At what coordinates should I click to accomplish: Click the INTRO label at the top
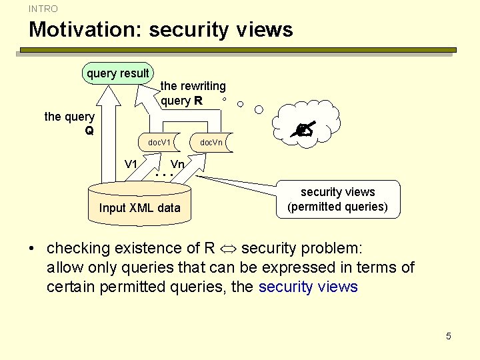tap(43, 9)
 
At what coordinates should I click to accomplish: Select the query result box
tap(118, 73)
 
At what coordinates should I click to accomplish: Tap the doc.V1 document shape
tap(160, 143)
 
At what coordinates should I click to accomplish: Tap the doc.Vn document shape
tap(212, 143)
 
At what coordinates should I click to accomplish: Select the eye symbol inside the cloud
tap(306, 131)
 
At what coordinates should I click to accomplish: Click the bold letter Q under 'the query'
tap(89, 131)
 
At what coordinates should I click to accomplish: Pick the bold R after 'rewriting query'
tap(198, 101)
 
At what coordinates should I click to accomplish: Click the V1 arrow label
tap(131, 165)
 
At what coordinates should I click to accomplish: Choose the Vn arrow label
tap(177, 165)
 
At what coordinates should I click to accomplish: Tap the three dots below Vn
tap(164, 175)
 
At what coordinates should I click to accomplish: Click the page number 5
tap(449, 336)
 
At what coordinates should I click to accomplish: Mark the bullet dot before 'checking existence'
tap(31, 249)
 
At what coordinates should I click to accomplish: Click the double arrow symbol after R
tap(228, 249)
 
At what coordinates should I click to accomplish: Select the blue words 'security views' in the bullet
tap(308, 287)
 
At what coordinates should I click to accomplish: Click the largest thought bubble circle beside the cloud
tap(260, 109)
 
